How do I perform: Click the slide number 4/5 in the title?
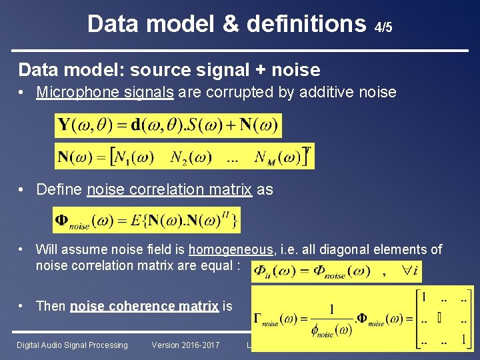[383, 28]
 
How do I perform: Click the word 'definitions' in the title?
[306, 24]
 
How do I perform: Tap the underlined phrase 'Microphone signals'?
[105, 92]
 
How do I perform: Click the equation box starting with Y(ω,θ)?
[168, 125]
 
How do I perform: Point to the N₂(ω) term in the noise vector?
[191, 157]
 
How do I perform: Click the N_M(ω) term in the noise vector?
[277, 157]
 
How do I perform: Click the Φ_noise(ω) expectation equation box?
[147, 220]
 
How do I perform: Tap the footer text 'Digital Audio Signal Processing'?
[72, 345]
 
